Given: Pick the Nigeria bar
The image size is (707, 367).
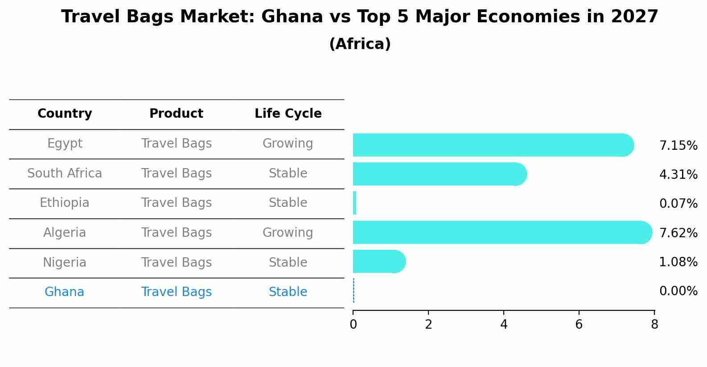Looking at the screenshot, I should pos(379,261).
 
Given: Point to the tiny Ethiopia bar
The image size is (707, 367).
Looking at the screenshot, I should pos(354,203).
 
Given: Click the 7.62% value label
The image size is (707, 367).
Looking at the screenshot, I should pos(678,233).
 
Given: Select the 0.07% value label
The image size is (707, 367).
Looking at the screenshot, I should pos(678,204).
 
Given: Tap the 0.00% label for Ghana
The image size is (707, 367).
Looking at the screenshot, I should pos(678,291).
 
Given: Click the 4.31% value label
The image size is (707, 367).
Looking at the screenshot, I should pos(678,175).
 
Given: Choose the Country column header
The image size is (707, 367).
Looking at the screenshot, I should pos(65,114).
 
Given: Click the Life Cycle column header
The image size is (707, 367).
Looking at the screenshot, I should pos(288,114).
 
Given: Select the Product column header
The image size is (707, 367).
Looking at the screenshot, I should pos(176,114).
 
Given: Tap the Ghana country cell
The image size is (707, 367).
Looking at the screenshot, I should pos(64,292).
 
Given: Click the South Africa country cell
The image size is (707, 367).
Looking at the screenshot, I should pos(65,173).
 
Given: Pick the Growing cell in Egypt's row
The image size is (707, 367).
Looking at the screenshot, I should pos(288,144).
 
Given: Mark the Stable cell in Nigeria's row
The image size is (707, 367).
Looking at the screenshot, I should pos(288,263).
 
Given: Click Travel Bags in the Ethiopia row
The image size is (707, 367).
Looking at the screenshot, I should pos(176,203).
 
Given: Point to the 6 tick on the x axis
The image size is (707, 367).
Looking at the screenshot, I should pos(579,325).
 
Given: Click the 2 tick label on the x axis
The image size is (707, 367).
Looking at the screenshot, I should pos(428,325).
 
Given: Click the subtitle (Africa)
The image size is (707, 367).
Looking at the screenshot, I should pos(360,44).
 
